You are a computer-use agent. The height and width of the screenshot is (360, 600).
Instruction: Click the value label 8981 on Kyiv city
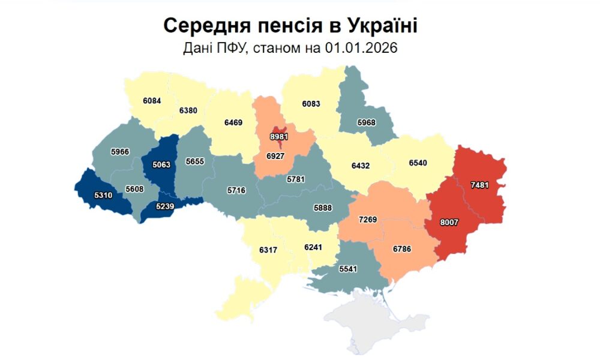[x=278, y=137]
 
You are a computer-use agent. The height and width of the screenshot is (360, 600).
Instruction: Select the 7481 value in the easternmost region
[x=479, y=185]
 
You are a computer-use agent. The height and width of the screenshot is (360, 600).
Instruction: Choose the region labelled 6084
[x=152, y=101]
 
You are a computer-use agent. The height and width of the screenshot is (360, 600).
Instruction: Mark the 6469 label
[x=233, y=122]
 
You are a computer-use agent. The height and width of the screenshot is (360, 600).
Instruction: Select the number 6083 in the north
[x=311, y=104]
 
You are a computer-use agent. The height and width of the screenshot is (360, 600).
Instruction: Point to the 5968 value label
[x=366, y=122]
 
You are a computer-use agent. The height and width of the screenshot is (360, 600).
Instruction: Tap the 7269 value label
[x=368, y=220]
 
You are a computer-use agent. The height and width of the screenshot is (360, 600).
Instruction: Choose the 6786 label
[x=402, y=248]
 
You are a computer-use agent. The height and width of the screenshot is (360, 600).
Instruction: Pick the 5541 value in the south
[x=347, y=269]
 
